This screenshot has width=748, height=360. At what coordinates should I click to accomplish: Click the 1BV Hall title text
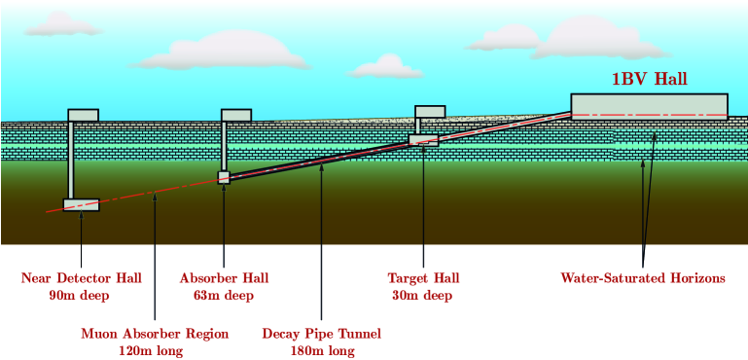(649, 80)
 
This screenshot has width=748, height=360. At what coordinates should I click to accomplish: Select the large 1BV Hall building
(649, 105)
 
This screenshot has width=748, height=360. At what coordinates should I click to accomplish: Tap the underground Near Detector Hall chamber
(81, 205)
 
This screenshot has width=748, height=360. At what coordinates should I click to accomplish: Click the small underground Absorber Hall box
(224, 177)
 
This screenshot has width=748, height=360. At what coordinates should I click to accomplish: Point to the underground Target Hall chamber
(424, 140)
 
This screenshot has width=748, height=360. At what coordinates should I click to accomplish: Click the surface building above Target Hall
(430, 111)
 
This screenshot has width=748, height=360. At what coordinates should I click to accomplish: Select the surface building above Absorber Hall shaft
(236, 115)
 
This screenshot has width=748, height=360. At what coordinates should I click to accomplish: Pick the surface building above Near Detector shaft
(83, 115)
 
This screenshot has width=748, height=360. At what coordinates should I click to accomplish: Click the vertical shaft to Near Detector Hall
(71, 161)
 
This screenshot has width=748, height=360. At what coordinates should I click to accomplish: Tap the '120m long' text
(154, 351)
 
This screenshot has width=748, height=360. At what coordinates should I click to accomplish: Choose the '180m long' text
(321, 351)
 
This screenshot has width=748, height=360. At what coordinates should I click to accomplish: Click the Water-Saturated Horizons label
(642, 278)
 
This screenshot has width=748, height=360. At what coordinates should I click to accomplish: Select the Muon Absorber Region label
(154, 334)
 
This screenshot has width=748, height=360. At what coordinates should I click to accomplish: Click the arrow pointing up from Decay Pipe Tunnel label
(321, 243)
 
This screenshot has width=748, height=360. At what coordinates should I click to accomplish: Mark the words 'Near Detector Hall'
(81, 278)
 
